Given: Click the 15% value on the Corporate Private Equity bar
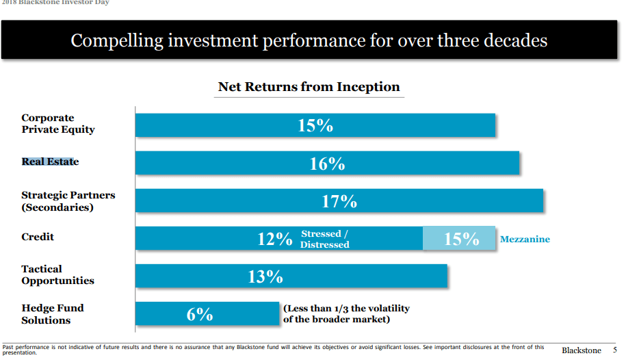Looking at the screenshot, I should [315, 126].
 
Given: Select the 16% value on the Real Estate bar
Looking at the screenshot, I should [327, 164].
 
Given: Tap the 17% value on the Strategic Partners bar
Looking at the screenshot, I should [339, 201].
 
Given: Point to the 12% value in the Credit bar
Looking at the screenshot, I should [274, 239].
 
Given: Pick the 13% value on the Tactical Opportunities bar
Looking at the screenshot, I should [265, 277].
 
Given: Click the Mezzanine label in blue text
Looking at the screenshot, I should [525, 240].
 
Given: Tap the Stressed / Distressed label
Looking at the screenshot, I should [325, 240].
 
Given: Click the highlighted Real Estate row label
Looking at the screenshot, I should [50, 162].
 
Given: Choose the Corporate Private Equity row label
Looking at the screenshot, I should [58, 124].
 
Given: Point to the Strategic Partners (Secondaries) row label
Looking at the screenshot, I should [68, 201].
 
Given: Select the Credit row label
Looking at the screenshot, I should [38, 237].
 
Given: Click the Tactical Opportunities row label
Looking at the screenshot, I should [57, 275].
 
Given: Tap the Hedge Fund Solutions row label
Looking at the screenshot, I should [53, 314].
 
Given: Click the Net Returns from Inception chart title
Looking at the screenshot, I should [309, 87].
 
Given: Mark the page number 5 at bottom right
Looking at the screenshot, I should [614, 350].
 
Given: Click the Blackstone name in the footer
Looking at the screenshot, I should [581, 350].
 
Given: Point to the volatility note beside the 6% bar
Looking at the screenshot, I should [346, 314].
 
